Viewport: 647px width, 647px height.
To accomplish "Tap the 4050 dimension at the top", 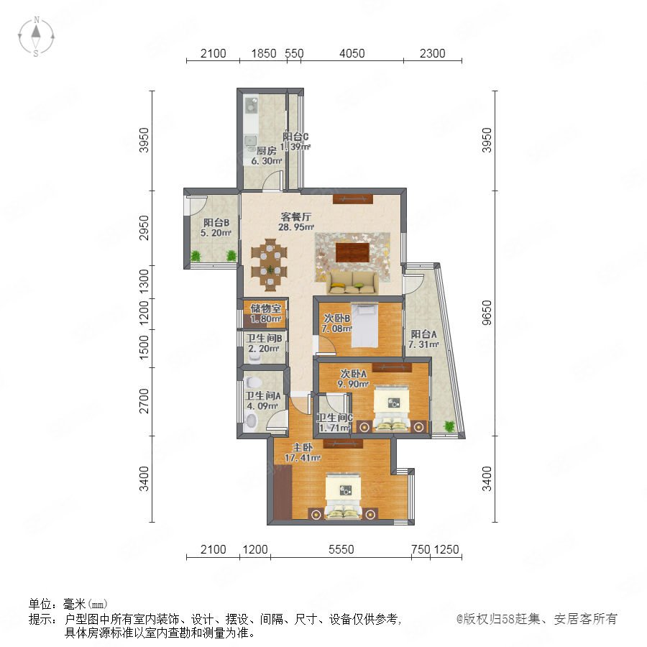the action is pos(352,53).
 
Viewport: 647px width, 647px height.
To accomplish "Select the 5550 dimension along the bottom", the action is pos(341,549).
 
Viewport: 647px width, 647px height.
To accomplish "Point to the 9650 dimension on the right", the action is pos(487,313).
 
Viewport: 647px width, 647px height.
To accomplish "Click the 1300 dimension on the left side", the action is pos(144,281).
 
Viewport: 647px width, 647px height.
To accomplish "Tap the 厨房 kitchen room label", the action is pos(267,151).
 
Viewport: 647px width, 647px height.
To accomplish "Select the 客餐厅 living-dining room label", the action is pos(296,216).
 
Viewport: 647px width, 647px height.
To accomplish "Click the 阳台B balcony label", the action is pos(216,223).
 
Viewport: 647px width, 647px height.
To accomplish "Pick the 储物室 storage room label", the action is pos(266,308).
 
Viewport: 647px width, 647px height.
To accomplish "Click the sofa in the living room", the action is pos(353,283).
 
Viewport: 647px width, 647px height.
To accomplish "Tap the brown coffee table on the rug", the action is pos(352,252).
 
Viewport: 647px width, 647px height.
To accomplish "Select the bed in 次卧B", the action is pos(364,326).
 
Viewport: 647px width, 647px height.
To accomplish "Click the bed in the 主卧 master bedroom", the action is pos(344,496).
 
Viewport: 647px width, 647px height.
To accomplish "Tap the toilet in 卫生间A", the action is pos(250,421).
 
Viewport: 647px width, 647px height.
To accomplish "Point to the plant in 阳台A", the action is pos(449,426).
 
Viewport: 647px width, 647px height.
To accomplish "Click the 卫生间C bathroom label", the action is pos(334,418).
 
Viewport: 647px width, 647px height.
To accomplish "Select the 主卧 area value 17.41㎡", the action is pos(303,458).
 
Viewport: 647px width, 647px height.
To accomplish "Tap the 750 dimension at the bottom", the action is pos(421,549).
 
